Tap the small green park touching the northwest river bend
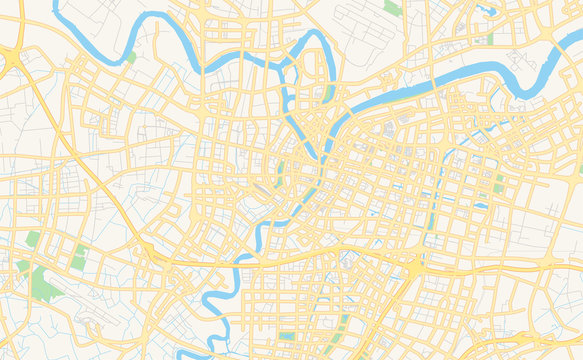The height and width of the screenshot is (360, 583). click(x=131, y=57)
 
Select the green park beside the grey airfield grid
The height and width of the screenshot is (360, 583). click(x=393, y=7)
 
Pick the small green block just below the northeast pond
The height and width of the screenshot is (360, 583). click(x=490, y=39)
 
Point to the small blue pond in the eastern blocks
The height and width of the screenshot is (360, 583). click(x=481, y=206)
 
